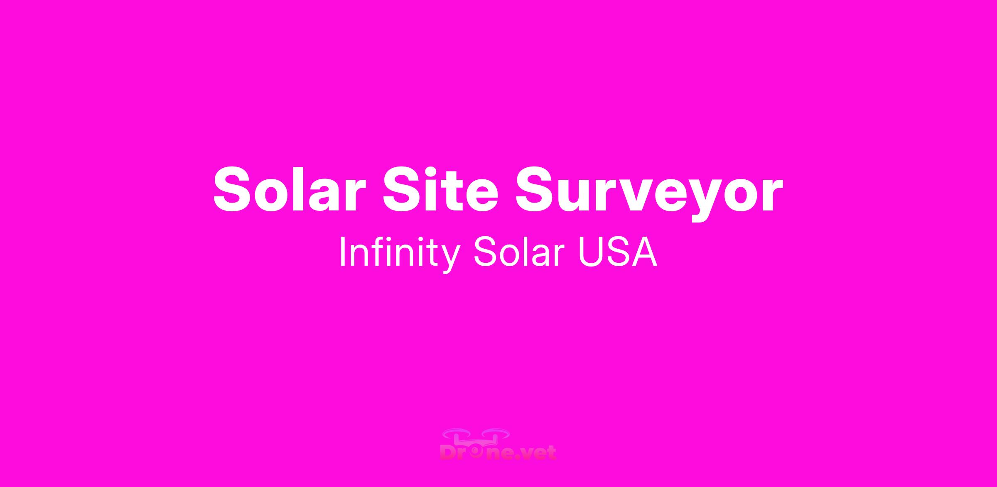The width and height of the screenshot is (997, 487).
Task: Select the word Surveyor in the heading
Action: pyautogui.click(x=649, y=193)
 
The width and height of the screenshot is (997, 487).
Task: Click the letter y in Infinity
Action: pyautogui.click(x=449, y=259)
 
